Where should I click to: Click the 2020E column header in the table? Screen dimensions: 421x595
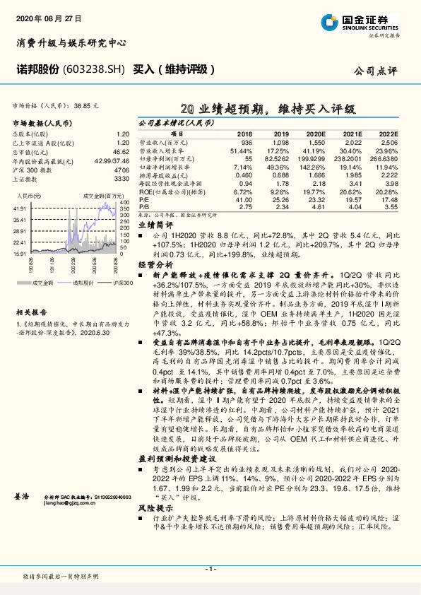coord(316,133)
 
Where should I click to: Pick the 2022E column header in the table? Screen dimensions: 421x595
coord(389,133)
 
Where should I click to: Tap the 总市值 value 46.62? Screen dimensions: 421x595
coord(121,151)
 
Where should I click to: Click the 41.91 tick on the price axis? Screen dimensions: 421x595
coord(20,208)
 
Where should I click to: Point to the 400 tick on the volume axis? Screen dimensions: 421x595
coord(124,208)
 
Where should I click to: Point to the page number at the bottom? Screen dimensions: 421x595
coord(210,568)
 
